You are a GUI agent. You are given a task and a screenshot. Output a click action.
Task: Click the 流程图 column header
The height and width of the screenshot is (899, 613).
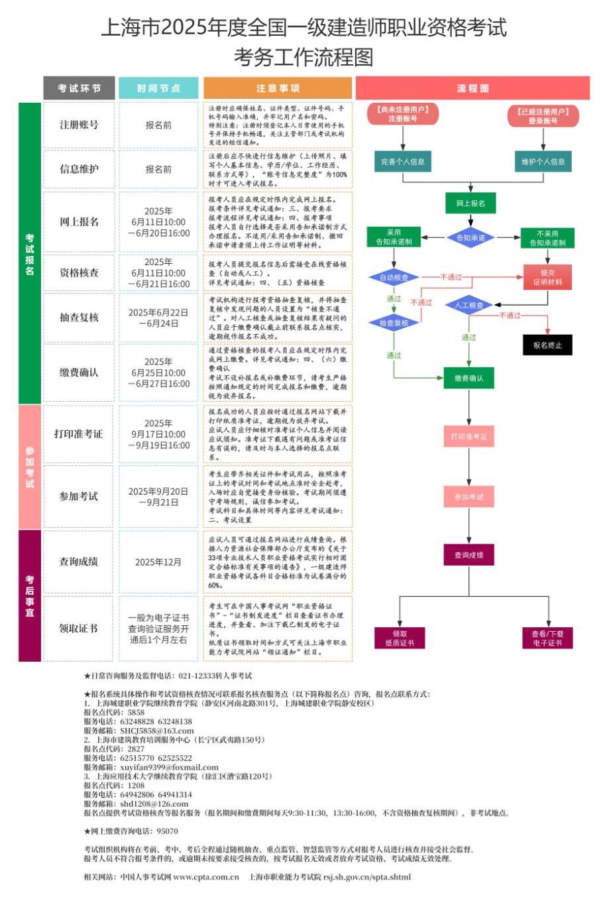tap(473, 88)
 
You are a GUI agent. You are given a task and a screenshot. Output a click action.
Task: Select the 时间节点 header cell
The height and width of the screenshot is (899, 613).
tap(158, 88)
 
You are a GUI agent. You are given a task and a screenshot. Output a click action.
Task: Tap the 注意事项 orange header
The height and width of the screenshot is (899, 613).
tap(278, 88)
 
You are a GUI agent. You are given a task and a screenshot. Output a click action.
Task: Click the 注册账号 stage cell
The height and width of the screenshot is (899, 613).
tap(79, 125)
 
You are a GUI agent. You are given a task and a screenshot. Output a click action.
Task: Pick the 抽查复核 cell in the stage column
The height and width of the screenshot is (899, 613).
tap(79, 318)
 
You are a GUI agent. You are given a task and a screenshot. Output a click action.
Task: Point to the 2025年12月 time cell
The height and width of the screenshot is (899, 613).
tap(158, 562)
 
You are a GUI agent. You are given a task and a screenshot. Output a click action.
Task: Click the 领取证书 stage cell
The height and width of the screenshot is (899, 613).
tap(79, 628)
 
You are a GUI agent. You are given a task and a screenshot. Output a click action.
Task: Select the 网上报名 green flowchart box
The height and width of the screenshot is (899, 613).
tap(470, 204)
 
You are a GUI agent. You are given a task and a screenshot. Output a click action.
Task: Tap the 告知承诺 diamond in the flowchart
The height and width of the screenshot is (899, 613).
tap(470, 237)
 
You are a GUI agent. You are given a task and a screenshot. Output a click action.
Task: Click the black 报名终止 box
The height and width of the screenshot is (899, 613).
tap(547, 345)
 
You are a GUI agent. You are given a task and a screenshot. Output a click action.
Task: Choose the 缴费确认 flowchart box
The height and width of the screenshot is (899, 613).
tap(469, 378)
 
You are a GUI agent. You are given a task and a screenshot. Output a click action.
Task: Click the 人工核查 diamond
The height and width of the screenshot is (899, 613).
tap(469, 306)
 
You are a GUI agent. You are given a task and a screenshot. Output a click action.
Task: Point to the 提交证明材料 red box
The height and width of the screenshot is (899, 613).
tap(547, 277)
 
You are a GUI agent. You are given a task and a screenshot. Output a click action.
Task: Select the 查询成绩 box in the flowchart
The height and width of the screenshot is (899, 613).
tap(469, 555)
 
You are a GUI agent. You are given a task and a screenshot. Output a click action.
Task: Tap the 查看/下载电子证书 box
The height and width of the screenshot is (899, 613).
tap(547, 638)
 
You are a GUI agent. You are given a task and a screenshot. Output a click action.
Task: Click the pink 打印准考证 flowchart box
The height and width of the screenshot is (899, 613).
tap(469, 437)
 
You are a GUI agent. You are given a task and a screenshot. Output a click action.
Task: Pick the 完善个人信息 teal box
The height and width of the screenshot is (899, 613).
tap(403, 162)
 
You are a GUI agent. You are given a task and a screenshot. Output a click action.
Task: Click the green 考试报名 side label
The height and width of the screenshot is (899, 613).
tap(30, 254)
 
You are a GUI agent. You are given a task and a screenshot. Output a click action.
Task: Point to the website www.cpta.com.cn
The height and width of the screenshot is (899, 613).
tap(205, 876)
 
